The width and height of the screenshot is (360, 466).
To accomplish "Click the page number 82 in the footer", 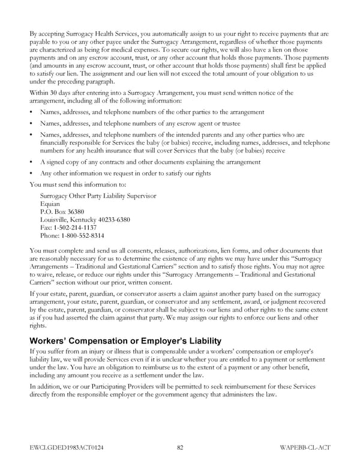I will tap(180, 447).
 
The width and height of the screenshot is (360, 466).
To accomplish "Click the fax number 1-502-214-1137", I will tap(64, 228).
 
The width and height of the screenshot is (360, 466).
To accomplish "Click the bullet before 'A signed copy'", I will tap(31, 162).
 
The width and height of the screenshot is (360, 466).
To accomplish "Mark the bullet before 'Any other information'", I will tap(31, 174).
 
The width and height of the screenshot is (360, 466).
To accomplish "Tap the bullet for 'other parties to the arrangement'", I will tap(31, 112).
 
